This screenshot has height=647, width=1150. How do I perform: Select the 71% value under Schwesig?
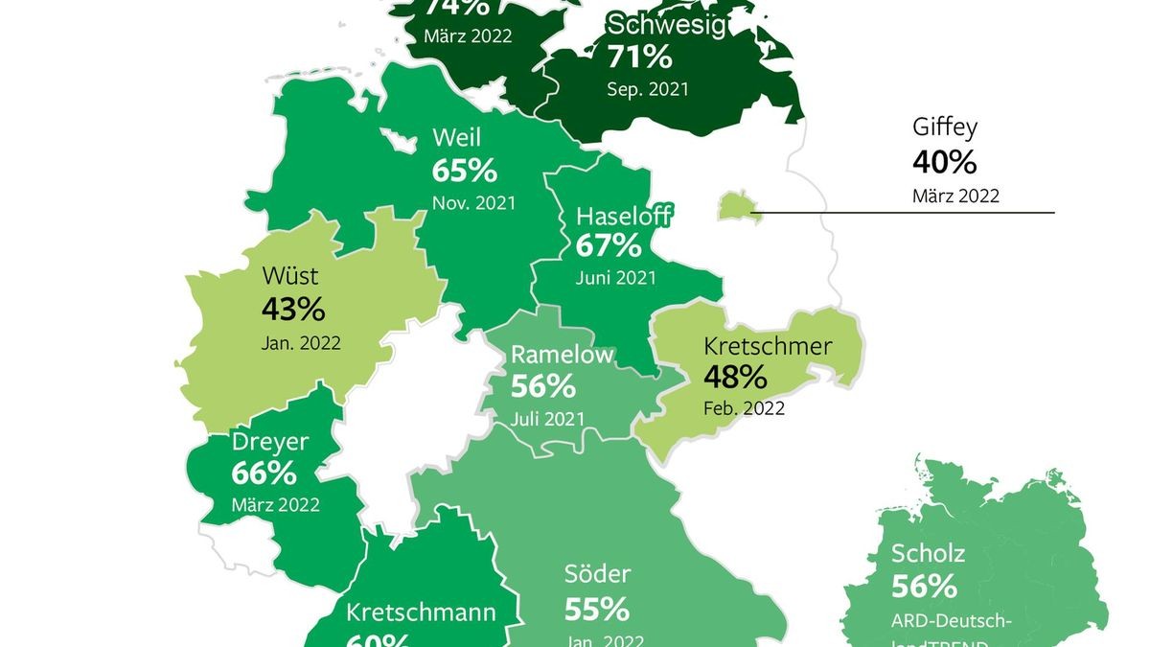[x=639, y=57]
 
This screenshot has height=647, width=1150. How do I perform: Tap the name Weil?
[x=456, y=138]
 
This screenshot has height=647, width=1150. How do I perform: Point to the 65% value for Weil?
[x=465, y=171]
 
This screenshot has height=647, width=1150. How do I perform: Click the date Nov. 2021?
[x=473, y=202]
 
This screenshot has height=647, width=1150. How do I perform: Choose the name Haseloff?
[x=623, y=215]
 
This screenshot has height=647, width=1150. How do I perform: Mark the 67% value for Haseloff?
[x=609, y=245]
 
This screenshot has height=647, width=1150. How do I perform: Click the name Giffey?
[x=945, y=128]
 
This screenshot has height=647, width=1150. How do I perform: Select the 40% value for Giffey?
[x=945, y=162]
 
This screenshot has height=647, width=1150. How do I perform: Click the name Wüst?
[x=288, y=277]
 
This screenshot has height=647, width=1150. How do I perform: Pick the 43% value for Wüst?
[x=293, y=310]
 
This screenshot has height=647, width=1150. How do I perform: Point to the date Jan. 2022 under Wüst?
[x=301, y=341]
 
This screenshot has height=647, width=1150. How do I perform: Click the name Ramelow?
[x=562, y=354]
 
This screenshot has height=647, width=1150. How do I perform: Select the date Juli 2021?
[x=547, y=418]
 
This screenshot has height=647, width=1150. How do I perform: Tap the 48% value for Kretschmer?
[x=736, y=376]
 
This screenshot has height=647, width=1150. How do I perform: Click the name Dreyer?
[x=270, y=442]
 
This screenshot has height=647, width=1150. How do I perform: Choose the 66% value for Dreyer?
[x=264, y=474]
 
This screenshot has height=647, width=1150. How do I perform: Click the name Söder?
[x=597, y=574]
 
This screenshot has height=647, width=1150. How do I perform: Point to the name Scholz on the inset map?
[x=928, y=553]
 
